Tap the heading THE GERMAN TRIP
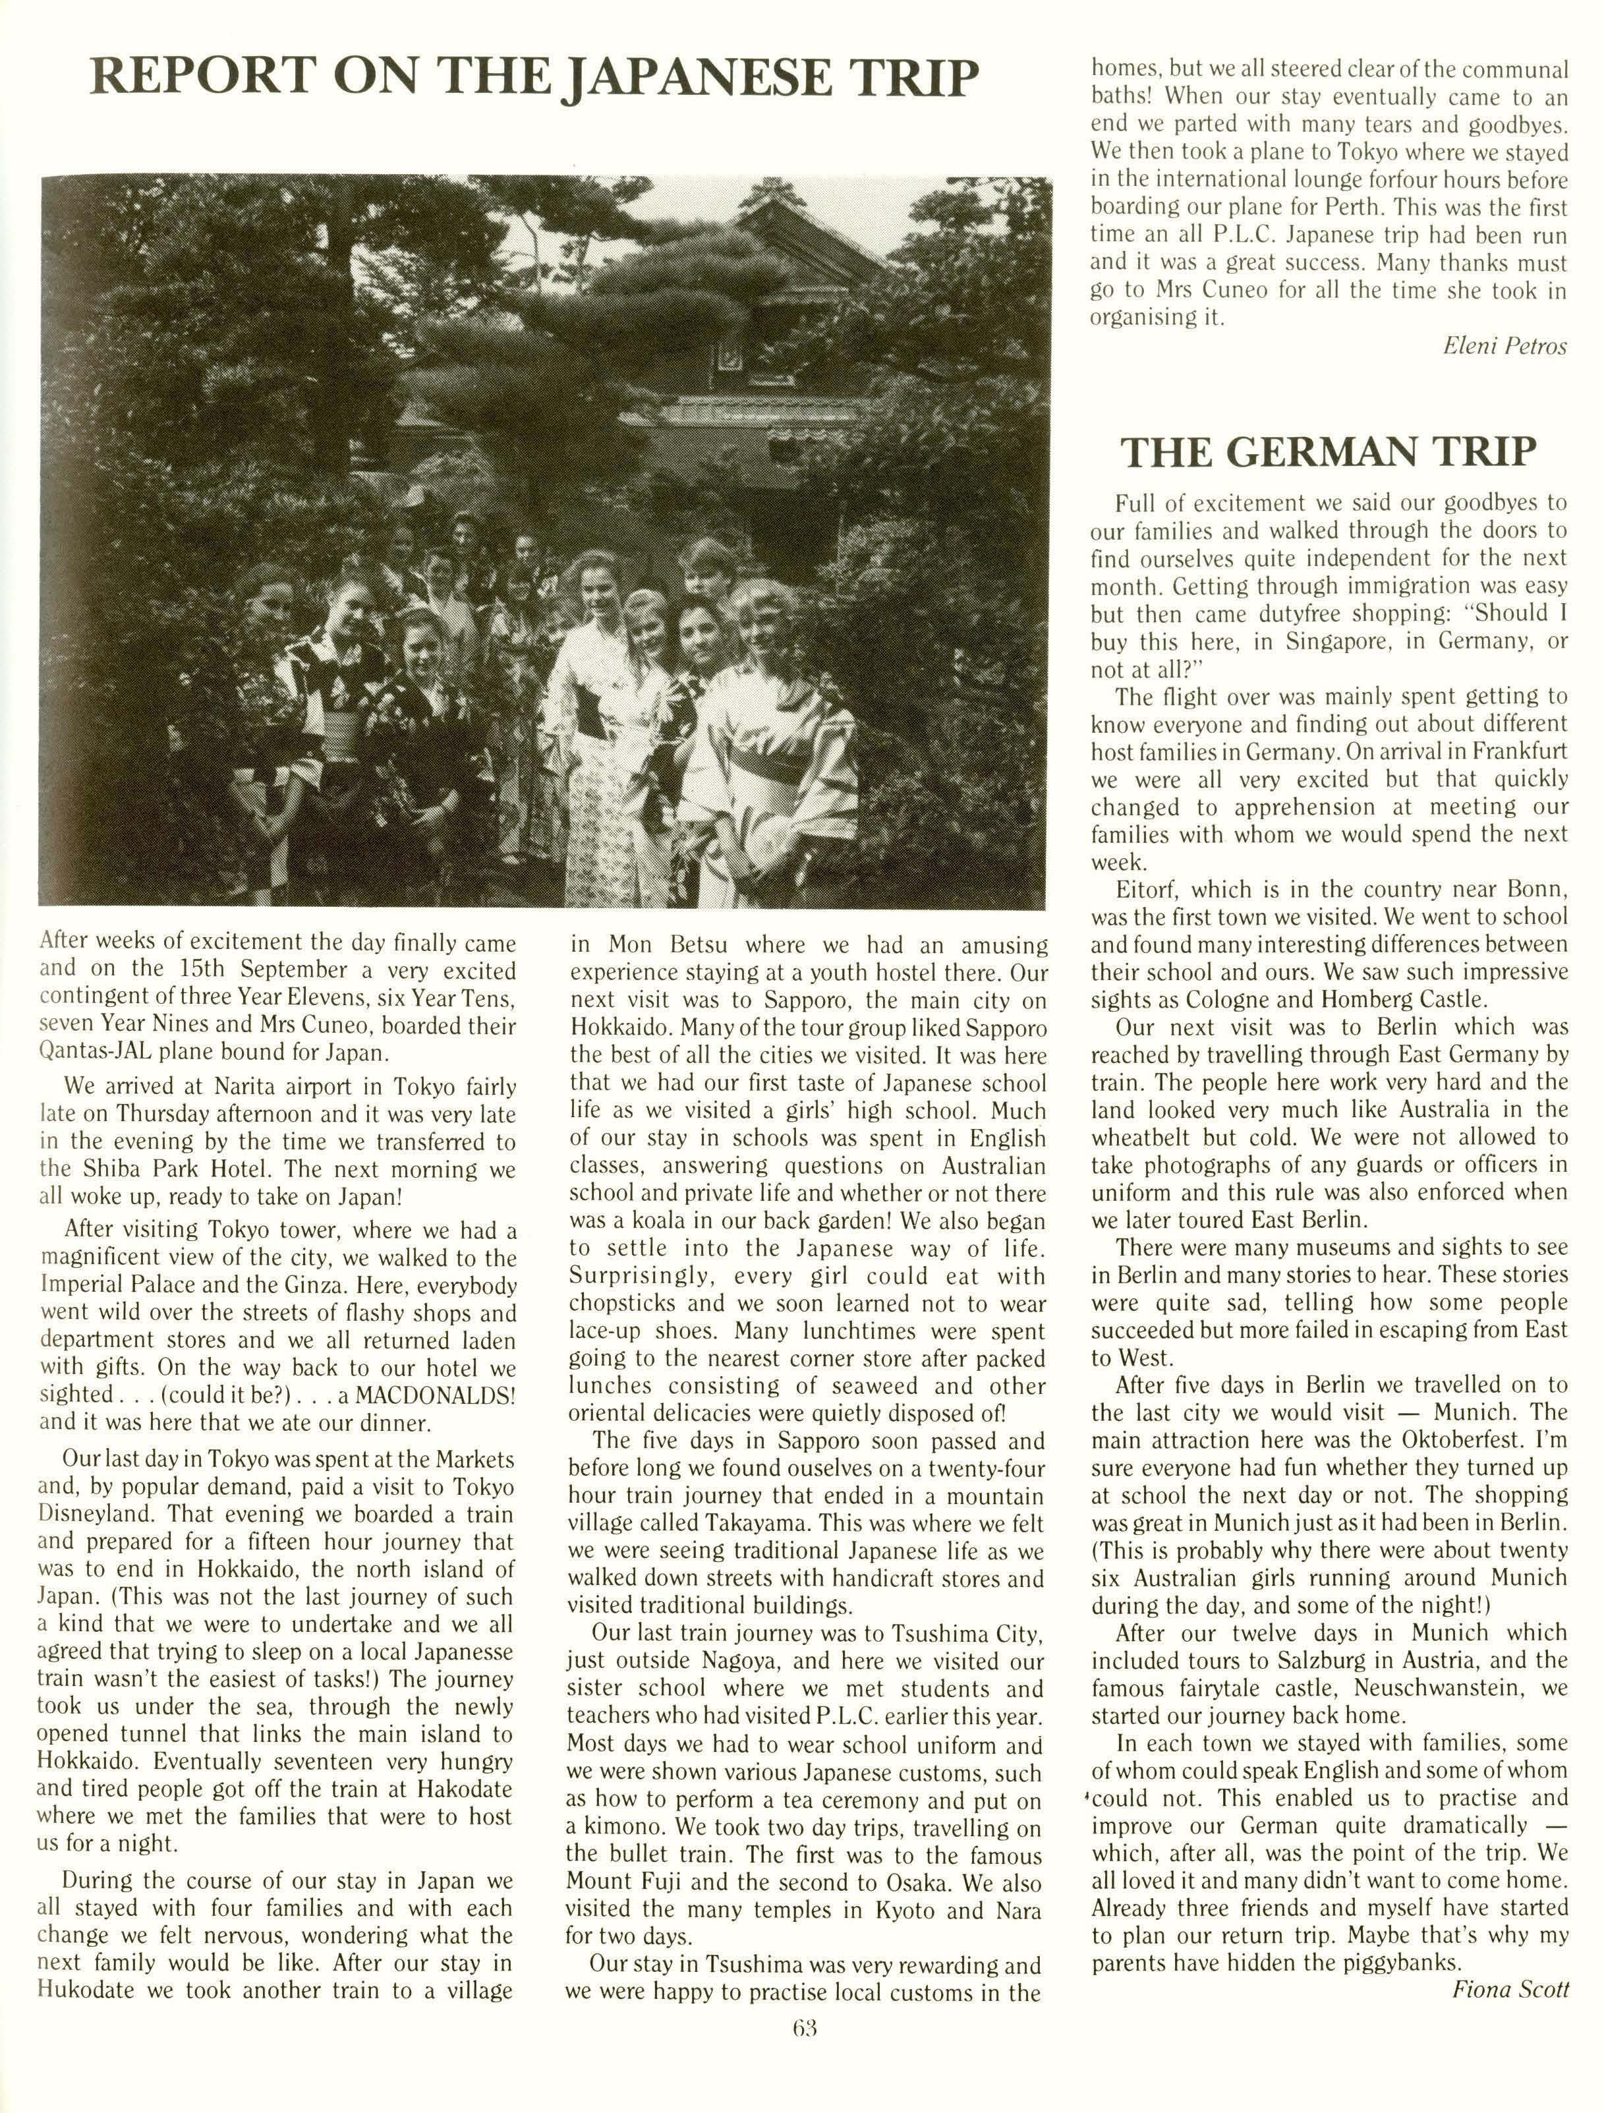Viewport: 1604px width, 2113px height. (1328, 451)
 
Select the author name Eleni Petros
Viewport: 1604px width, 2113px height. (1504, 346)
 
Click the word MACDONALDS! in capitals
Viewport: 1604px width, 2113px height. (436, 1395)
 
